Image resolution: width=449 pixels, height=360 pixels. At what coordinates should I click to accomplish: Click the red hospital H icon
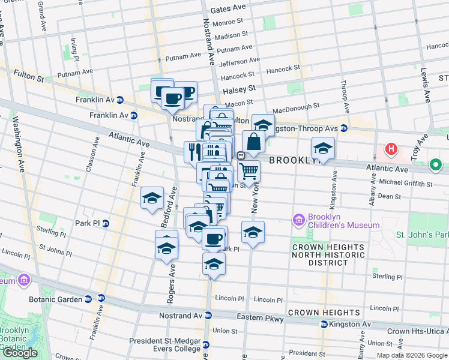(391, 149)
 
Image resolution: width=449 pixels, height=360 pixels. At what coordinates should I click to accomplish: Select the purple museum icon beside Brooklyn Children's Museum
(298, 221)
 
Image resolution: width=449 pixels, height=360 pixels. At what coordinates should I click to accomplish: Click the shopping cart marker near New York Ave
(249, 172)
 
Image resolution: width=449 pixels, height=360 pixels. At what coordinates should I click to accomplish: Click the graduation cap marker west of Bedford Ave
(152, 198)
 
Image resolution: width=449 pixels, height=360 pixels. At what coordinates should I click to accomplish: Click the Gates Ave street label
(229, 9)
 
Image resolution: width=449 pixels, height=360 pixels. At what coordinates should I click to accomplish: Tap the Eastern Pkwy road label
(264, 319)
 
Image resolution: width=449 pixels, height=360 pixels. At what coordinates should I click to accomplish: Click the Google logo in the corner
(20, 353)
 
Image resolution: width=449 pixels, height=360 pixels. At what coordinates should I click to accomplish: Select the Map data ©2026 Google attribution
(412, 355)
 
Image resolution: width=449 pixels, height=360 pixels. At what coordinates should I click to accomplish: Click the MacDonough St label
(295, 109)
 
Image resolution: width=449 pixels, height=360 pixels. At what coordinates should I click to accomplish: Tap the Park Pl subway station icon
(106, 223)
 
